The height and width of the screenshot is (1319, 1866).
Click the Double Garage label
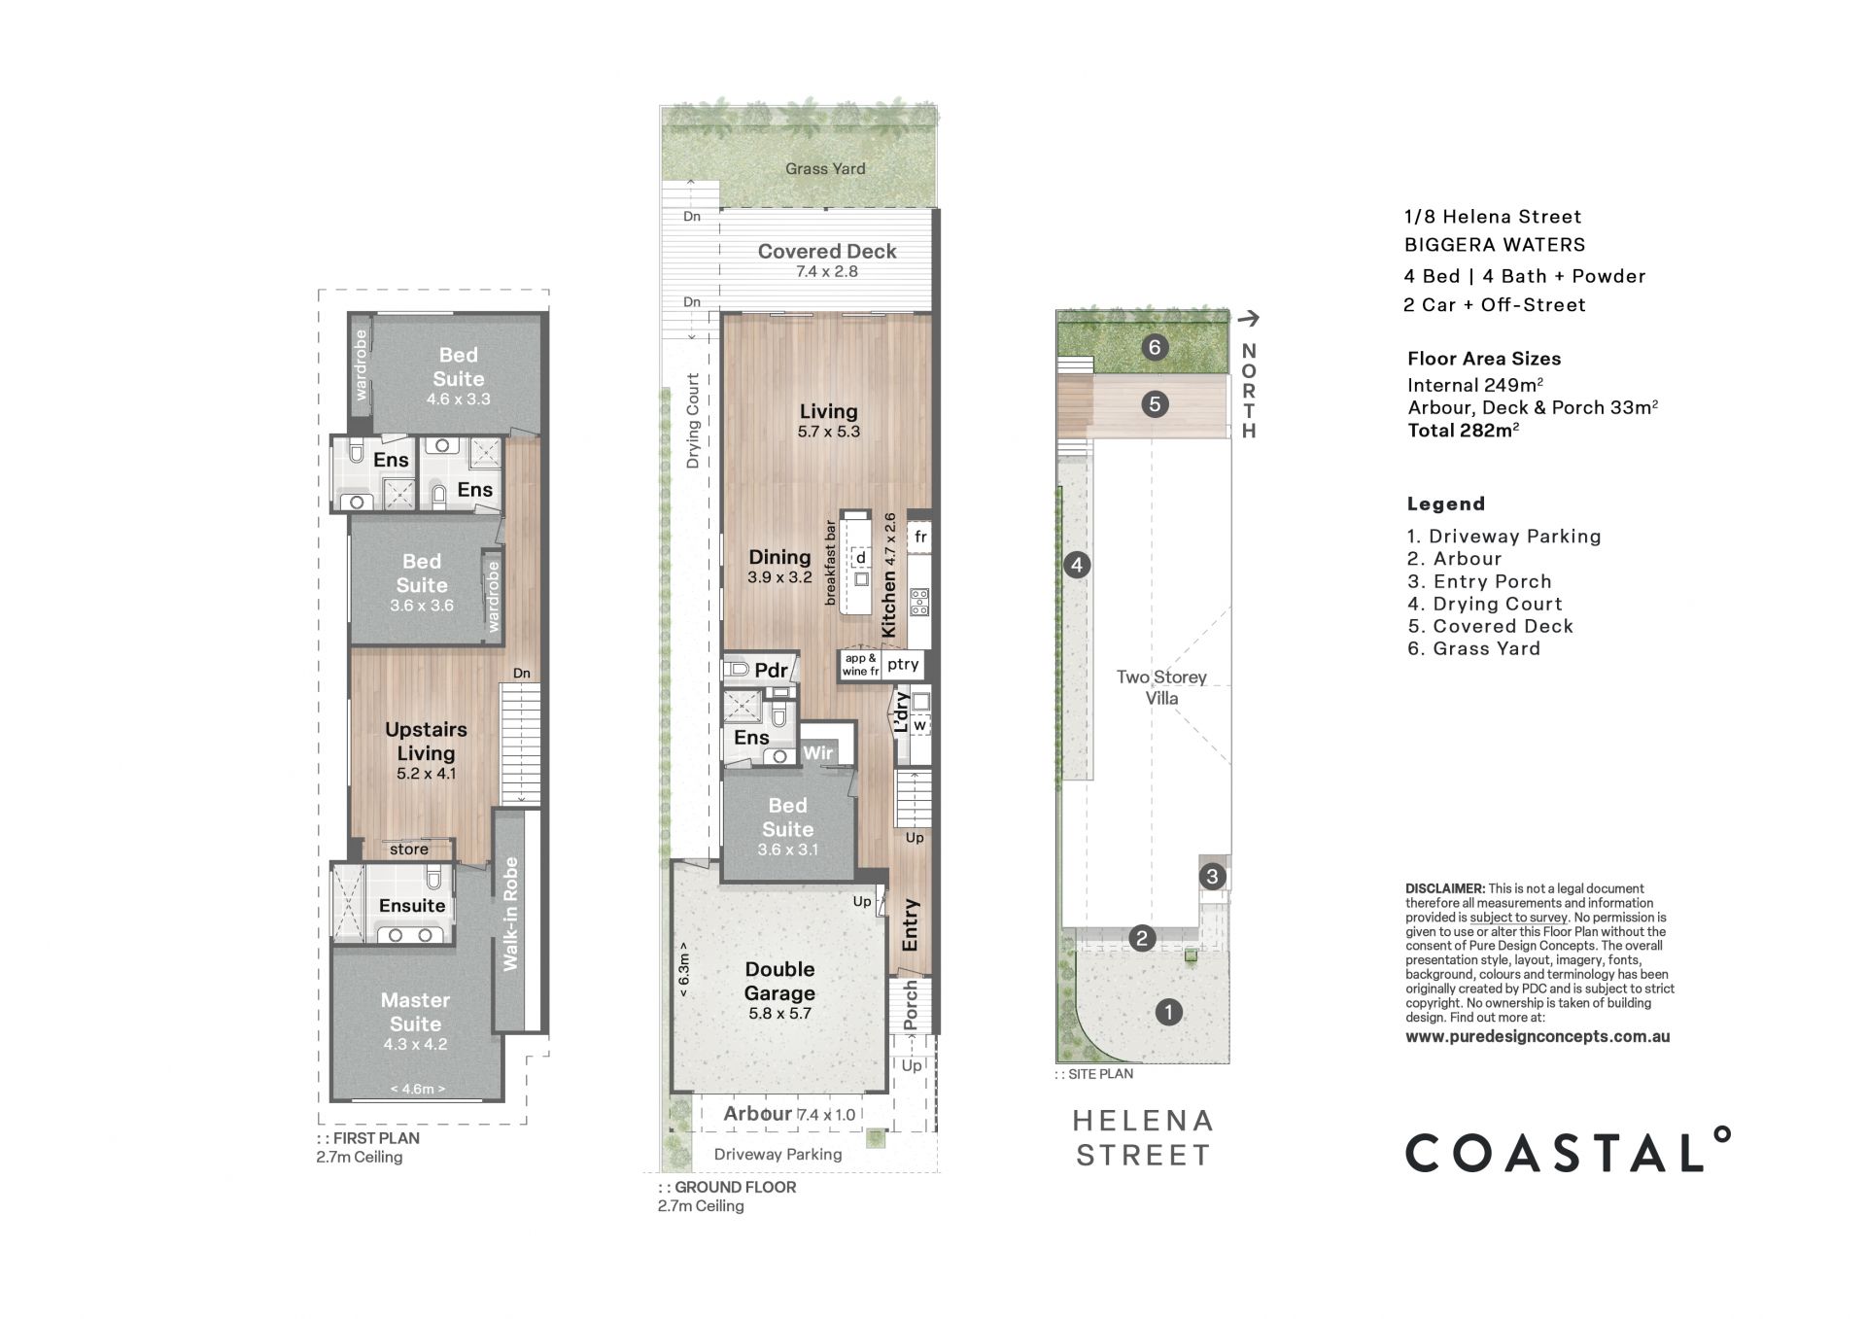[779, 981]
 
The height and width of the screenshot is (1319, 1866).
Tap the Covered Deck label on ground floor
[827, 251]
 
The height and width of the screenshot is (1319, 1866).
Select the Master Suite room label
[415, 1012]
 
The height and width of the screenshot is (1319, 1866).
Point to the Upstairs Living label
[426, 741]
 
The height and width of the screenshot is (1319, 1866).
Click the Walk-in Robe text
[510, 914]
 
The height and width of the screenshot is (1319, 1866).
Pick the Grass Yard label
[825, 168]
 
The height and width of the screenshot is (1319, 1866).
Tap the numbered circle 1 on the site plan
[1168, 1012]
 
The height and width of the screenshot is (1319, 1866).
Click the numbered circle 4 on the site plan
[1076, 565]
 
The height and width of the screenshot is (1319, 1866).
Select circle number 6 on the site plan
[1155, 347]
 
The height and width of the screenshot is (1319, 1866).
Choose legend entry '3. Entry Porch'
[1479, 581]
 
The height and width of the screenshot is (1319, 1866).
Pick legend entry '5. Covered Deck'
[1490, 626]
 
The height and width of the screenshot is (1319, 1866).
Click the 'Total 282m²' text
[1464, 430]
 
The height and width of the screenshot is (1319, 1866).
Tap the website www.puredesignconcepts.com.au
[1538, 1036]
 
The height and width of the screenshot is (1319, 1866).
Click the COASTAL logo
[1568, 1151]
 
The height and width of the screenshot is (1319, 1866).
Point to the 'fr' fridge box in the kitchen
[920, 537]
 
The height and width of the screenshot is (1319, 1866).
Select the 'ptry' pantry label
[903, 664]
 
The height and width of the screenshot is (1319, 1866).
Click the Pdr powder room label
[771, 671]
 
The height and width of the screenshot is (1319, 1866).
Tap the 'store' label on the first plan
[408, 850]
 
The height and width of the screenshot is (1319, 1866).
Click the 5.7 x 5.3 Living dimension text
[828, 432]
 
